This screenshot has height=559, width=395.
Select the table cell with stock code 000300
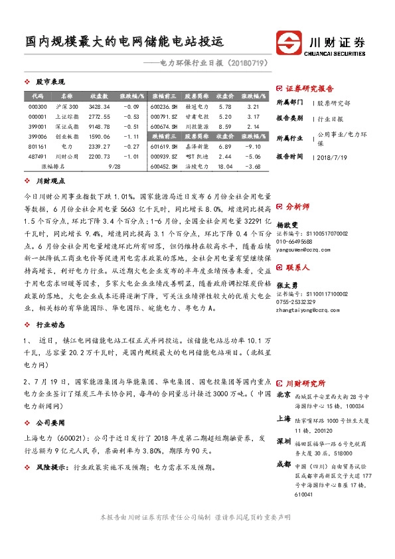(x=38, y=106)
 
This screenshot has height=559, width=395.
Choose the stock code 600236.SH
(x=164, y=106)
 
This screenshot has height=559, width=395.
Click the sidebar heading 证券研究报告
(x=309, y=88)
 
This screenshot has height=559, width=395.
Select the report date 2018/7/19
(x=333, y=157)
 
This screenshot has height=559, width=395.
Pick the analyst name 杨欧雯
(x=287, y=225)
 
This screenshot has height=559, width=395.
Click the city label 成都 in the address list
(x=284, y=464)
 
